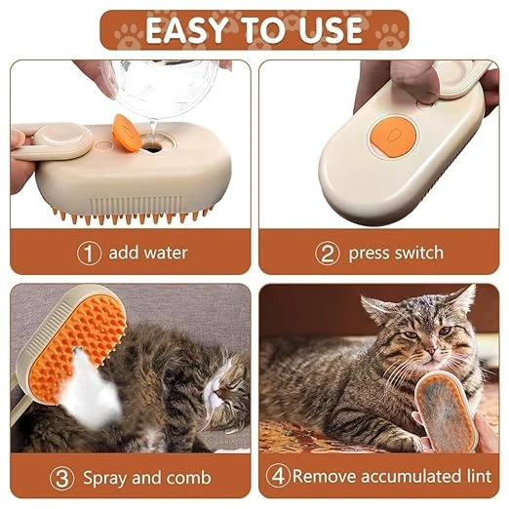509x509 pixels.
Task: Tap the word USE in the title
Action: coord(331,30)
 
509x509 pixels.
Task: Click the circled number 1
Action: coord(89,254)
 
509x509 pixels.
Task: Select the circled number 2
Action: coord(328,254)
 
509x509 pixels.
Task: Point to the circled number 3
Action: coord(61,478)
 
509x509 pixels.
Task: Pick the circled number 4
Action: coord(278,476)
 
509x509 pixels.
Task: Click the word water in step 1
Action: coord(166,253)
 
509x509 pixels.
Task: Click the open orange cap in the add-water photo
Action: coord(126,133)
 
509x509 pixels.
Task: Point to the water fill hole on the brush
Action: coord(152,148)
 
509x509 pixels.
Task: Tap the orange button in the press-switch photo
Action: coord(394,136)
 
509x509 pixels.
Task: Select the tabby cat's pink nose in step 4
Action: coord(430,350)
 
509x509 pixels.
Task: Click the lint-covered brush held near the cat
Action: coord(447,411)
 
